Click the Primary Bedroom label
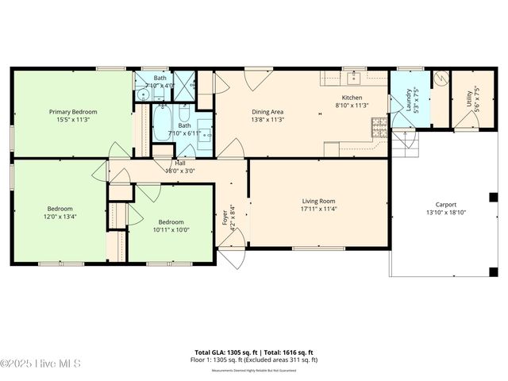point(72,112)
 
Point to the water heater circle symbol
point(440,79)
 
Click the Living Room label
point(318,201)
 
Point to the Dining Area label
point(267,112)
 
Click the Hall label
point(180,163)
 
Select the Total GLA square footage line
point(254,352)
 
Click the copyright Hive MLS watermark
point(40,364)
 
